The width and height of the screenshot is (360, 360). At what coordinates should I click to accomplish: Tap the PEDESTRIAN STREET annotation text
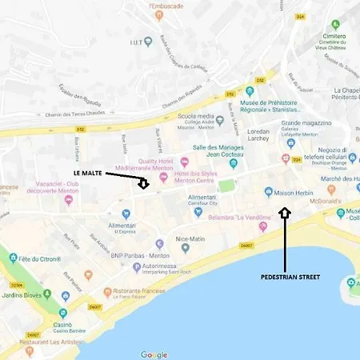(290, 277)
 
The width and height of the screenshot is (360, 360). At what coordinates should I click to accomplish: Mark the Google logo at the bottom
(154, 354)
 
